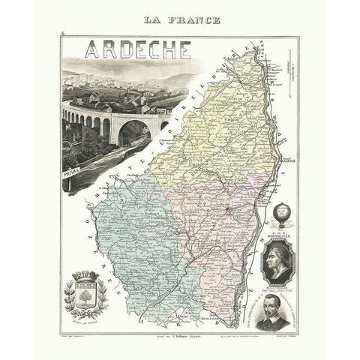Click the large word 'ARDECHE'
click(137, 49)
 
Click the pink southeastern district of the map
click(225, 240)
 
